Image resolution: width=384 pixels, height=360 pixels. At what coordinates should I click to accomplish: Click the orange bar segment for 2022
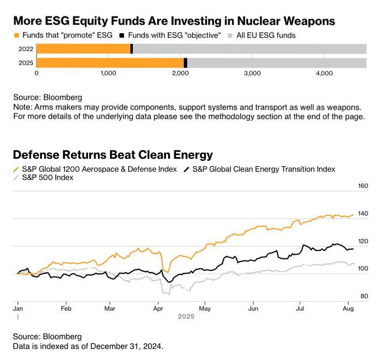pyautogui.click(x=83, y=49)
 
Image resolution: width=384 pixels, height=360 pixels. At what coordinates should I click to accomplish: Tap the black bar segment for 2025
pyautogui.click(x=185, y=63)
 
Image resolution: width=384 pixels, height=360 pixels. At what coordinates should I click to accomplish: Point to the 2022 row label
pyautogui.click(x=26, y=49)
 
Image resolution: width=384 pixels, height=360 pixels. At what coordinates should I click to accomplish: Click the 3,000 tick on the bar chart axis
pyautogui.click(x=252, y=73)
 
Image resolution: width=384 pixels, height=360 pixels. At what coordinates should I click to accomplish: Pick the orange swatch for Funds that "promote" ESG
pyautogui.click(x=17, y=35)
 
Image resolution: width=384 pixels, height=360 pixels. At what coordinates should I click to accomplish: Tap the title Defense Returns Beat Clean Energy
pyautogui.click(x=113, y=155)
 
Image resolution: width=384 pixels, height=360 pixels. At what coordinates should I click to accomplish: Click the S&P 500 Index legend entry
pyautogui.click(x=47, y=177)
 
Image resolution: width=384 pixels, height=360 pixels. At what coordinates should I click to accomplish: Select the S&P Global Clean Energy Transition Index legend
pyautogui.click(x=263, y=169)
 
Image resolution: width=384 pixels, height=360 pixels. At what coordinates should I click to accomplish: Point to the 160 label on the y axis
pyautogui.click(x=363, y=186)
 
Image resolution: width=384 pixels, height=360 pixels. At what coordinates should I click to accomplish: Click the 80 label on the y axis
pyautogui.click(x=364, y=296)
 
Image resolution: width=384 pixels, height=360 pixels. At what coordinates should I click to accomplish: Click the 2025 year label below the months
pyautogui.click(x=186, y=317)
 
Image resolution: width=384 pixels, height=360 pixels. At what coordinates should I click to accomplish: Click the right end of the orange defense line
pyautogui.click(x=354, y=214)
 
